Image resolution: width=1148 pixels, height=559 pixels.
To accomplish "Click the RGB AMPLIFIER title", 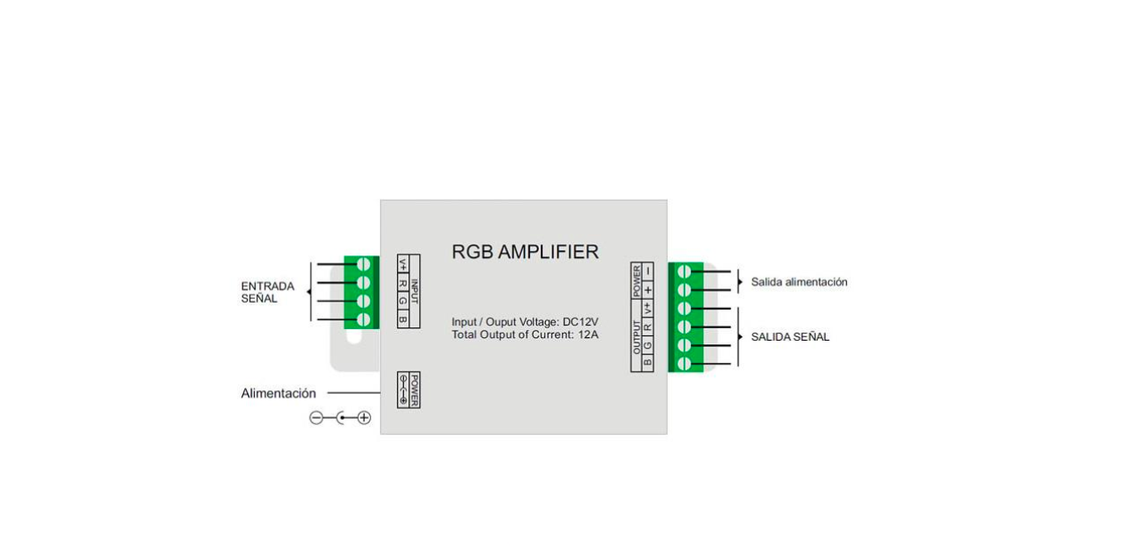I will tap(525, 252).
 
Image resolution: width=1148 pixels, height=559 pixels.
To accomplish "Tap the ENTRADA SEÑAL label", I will tap(267, 293).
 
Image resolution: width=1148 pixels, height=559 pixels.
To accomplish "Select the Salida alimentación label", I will tap(799, 282).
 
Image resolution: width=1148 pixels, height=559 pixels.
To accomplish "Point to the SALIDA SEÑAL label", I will tap(790, 337).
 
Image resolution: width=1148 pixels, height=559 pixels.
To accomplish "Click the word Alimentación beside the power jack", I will tap(278, 393).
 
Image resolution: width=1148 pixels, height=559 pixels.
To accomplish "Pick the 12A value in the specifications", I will tap(588, 334).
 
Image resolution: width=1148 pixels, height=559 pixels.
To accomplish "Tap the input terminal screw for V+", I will tap(362, 264).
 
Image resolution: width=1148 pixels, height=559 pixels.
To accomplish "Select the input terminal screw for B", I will tap(362, 319).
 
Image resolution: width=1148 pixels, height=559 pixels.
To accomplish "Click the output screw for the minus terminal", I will tap(685, 272).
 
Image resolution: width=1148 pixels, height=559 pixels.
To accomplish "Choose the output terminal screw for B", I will tap(685, 363).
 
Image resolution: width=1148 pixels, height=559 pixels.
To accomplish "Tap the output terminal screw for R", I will tap(685, 327).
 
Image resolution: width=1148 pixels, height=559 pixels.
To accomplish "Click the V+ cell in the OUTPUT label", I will tap(648, 309).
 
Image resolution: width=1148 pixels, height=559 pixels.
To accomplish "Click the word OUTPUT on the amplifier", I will tap(637, 337).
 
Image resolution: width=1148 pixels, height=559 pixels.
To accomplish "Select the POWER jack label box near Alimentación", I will tap(408, 390).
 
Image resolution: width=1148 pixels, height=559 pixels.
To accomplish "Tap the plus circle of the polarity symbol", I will tap(364, 418).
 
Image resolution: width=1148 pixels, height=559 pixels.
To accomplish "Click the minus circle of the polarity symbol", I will tap(316, 418).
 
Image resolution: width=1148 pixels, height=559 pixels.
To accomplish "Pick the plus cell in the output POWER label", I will tap(648, 288).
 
